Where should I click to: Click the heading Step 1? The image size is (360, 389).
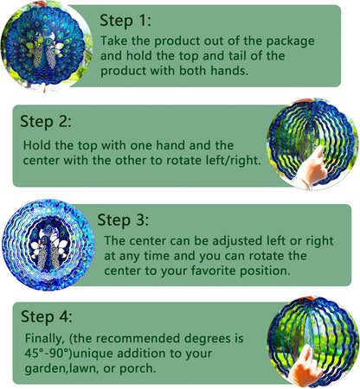tap(125, 19)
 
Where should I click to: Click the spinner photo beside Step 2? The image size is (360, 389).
tap(312, 143)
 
